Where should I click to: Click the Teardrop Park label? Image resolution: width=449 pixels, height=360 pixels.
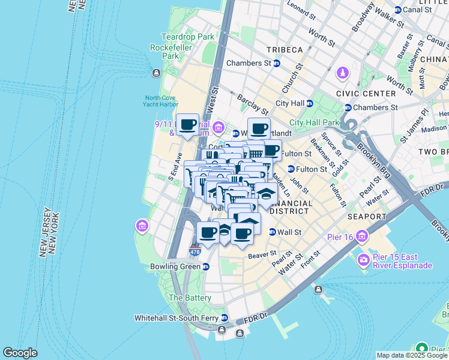[187, 37]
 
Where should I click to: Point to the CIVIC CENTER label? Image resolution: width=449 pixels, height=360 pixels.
[366, 94]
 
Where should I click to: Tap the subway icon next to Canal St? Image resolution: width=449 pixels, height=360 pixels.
[398, 10]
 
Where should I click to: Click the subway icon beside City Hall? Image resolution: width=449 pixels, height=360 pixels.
[309, 103]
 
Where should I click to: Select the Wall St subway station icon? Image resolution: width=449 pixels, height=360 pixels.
[272, 232]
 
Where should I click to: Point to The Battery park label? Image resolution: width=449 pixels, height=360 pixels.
[190, 298]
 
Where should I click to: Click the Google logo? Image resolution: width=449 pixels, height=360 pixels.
[20, 353]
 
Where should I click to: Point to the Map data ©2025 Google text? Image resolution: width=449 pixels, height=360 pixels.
[411, 355]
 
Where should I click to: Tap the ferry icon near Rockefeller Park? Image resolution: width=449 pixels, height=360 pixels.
[156, 73]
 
